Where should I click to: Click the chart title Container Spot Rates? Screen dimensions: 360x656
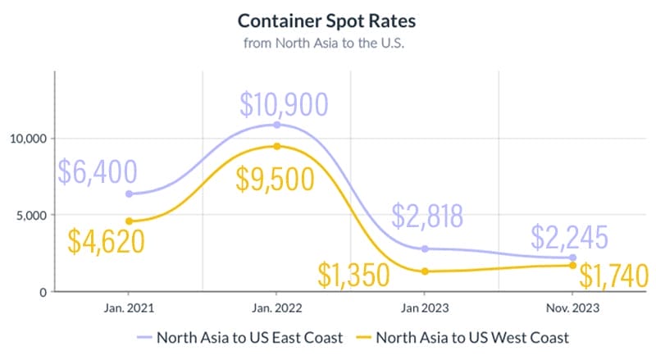(x=328, y=20)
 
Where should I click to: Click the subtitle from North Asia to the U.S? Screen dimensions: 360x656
(x=328, y=42)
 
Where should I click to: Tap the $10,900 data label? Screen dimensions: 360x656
(x=284, y=104)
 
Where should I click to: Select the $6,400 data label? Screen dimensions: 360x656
(x=98, y=172)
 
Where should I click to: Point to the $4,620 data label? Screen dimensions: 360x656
(x=106, y=240)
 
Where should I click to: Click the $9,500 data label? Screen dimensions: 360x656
(x=275, y=177)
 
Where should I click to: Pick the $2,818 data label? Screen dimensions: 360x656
(x=427, y=216)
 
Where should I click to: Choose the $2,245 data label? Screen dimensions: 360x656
(x=569, y=238)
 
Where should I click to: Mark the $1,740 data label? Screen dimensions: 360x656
(x=613, y=276)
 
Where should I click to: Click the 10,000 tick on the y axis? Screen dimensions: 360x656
(x=26, y=139)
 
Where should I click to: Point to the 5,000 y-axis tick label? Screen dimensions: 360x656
(x=30, y=216)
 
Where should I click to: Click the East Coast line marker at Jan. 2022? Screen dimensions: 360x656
(x=277, y=125)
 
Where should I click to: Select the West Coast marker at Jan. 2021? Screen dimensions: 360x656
(x=129, y=221)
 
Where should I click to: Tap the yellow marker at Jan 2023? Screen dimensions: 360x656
(x=425, y=271)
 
